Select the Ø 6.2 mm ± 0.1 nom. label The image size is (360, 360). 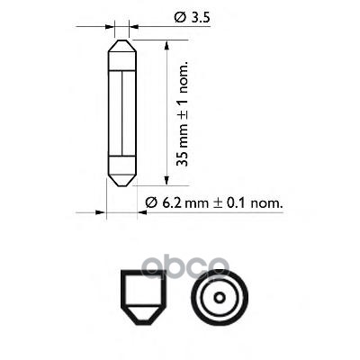(214, 203)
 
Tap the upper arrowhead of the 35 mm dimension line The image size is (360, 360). (167, 42)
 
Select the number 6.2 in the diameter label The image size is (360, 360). (166, 203)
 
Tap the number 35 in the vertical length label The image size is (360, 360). (184, 159)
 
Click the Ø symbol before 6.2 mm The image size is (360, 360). (150, 203)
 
